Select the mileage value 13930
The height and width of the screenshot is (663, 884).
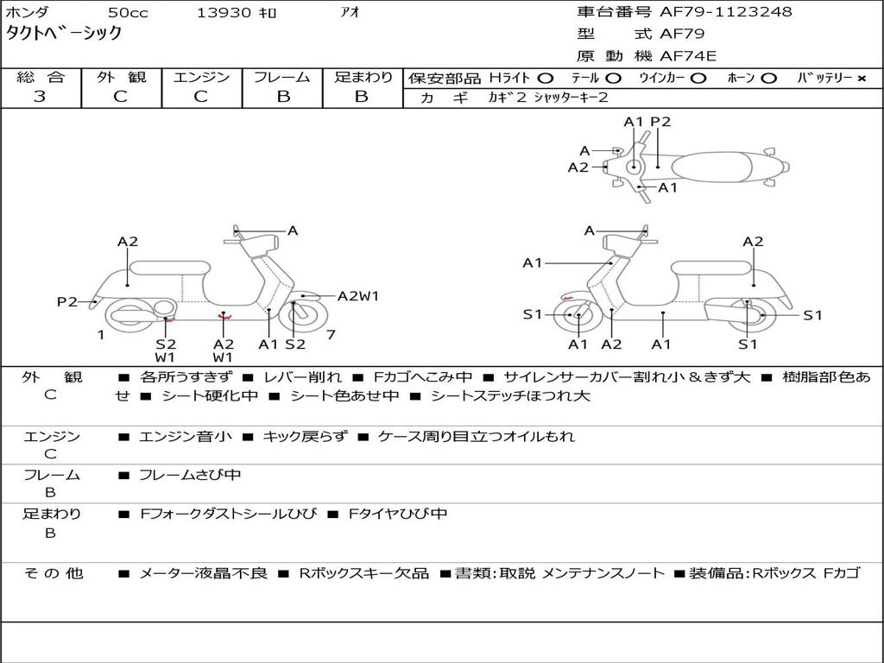(x=224, y=13)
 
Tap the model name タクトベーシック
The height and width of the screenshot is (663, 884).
(x=64, y=35)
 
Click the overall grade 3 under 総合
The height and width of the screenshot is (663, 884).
(x=40, y=97)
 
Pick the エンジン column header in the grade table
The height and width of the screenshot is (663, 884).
(x=201, y=78)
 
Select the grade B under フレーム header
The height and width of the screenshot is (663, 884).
(x=282, y=97)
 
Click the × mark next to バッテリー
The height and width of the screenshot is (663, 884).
(x=861, y=79)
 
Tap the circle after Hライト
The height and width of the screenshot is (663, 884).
(x=546, y=79)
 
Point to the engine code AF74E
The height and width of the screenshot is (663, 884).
(x=688, y=57)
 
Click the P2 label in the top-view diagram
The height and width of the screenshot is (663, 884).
(x=660, y=122)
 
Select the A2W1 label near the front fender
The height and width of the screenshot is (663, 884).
(x=358, y=296)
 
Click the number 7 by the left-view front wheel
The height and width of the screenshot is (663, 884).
(x=331, y=335)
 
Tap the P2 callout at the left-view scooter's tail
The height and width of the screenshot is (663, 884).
(x=67, y=301)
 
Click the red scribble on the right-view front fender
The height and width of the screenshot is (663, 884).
(x=569, y=299)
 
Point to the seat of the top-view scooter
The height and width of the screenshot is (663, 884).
(x=717, y=166)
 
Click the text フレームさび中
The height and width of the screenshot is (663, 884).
(x=190, y=475)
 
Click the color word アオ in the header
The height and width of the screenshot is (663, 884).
(x=350, y=13)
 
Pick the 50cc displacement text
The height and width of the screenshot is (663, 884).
(x=126, y=13)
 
